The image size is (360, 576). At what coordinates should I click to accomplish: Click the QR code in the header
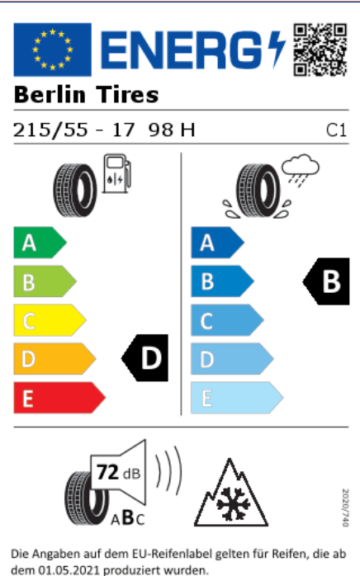click(x=320, y=50)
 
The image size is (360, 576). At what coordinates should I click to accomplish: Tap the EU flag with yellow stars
click(x=53, y=50)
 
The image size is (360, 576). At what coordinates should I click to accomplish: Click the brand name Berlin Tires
click(x=86, y=95)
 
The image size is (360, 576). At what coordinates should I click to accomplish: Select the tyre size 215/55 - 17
click(x=73, y=130)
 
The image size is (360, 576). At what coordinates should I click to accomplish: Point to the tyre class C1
click(x=336, y=130)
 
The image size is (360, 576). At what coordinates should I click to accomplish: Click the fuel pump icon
click(x=116, y=173)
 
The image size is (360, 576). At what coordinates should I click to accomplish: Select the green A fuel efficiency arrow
click(x=40, y=243)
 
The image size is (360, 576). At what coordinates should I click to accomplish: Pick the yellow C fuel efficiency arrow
click(x=50, y=320)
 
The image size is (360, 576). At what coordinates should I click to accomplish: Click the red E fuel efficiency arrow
click(x=59, y=398)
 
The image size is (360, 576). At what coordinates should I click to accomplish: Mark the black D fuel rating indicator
click(x=144, y=358)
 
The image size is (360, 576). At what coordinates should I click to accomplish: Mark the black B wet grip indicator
click(x=326, y=281)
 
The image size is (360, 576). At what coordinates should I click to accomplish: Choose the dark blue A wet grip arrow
click(x=218, y=243)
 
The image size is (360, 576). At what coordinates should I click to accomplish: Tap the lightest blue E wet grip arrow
click(x=237, y=398)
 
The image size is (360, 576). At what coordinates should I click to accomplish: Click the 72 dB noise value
click(x=118, y=472)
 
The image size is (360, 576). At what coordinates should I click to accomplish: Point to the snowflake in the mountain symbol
click(x=231, y=504)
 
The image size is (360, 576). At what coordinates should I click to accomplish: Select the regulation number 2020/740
click(x=345, y=508)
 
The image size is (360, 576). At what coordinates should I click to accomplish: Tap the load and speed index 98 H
click(x=172, y=130)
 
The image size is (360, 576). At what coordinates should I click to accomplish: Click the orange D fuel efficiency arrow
click(x=54, y=359)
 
